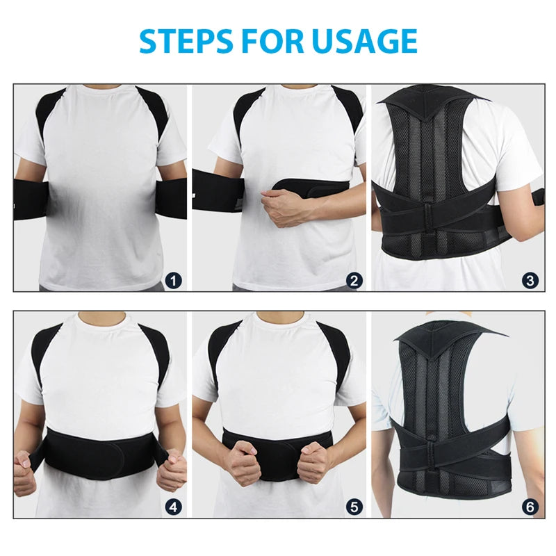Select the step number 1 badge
174,281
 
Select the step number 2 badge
355,281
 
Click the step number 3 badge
530,281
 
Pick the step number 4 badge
174,507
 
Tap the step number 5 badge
355,507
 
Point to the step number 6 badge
530,507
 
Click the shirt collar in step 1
102,90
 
